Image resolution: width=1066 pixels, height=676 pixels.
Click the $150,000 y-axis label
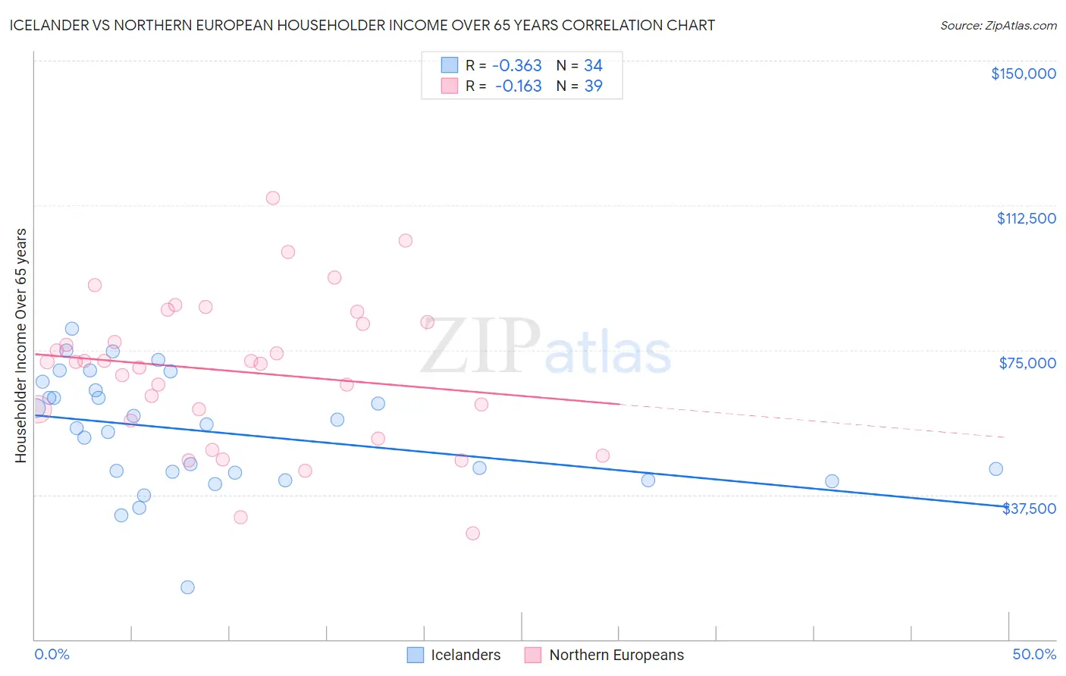[1023, 74]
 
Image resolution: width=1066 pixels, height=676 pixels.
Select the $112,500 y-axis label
[1026, 218]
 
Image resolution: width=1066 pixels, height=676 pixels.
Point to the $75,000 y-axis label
[1027, 363]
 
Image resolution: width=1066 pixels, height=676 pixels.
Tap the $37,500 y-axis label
[1029, 509]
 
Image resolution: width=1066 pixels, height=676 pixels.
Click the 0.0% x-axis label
[52, 654]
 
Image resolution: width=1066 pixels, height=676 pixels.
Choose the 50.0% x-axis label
[1034, 654]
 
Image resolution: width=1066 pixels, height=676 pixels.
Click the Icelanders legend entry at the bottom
[454, 655]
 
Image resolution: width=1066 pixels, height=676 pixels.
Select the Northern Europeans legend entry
[604, 655]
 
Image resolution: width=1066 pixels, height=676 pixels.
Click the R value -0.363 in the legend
[517, 65]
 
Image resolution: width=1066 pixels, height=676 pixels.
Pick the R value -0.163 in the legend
[518, 86]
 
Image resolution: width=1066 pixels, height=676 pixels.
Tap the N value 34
[593, 65]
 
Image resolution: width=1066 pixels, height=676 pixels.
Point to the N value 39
[593, 86]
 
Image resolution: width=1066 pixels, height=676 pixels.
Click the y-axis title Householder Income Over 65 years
[21, 346]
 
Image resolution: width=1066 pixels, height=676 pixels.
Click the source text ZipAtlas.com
[998, 26]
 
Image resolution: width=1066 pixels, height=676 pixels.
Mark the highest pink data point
[273, 198]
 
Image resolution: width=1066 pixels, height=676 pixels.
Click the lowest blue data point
[187, 587]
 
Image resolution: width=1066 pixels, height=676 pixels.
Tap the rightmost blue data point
[995, 469]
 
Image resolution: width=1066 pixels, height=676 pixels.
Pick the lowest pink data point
[472, 534]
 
